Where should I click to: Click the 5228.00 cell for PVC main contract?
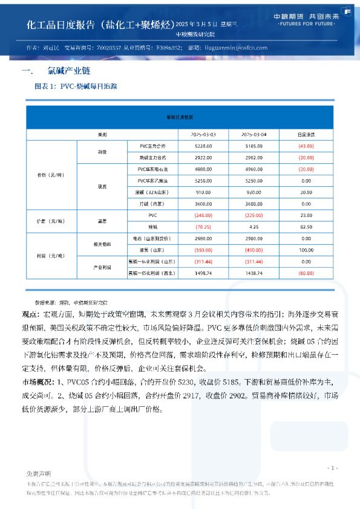[x=203, y=146]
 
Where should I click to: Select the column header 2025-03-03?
[x=203, y=134]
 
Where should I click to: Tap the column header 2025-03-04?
[x=254, y=134]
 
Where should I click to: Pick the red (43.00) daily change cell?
[x=306, y=146]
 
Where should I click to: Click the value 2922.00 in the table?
[x=203, y=157]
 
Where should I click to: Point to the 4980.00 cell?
[x=203, y=169]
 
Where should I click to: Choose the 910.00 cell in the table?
[x=203, y=192]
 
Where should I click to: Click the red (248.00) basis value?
[x=203, y=215]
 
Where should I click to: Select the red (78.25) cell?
[x=203, y=227]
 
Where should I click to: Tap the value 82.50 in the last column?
[x=306, y=227]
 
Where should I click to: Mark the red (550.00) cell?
[x=203, y=250]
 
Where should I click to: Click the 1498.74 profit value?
[x=203, y=273]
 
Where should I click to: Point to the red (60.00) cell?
[x=306, y=273]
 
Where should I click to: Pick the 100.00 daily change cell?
[x=306, y=250]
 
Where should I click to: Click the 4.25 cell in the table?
[x=254, y=227]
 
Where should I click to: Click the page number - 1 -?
[x=332, y=468]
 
